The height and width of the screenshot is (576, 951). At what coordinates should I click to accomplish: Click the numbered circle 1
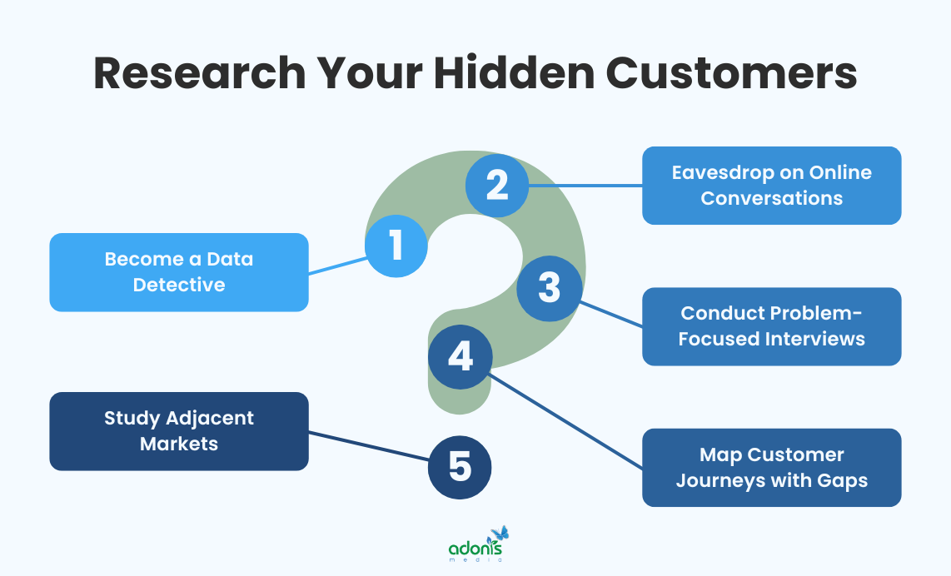[x=396, y=246]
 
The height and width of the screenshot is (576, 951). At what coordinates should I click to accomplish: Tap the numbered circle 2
[x=497, y=185]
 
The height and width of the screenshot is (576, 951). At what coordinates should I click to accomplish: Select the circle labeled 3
[x=549, y=288]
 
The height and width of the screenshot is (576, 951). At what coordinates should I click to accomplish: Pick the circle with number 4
[x=461, y=357]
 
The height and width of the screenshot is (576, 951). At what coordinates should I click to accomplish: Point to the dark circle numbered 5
[x=460, y=467]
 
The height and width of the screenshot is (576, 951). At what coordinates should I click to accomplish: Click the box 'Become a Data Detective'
[x=179, y=272]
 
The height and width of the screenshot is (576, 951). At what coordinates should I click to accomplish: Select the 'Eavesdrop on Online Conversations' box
[x=771, y=186]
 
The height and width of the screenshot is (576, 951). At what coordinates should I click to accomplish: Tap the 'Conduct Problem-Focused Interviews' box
[x=771, y=326]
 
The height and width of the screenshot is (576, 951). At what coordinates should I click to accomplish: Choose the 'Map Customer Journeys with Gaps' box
[x=771, y=468]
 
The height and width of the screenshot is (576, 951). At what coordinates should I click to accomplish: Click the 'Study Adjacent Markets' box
[x=179, y=431]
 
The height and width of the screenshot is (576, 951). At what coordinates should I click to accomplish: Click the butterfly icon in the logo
[x=500, y=534]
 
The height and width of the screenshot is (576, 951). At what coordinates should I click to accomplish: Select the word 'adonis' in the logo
[x=475, y=549]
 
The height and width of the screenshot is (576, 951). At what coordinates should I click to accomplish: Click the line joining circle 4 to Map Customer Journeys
[x=566, y=419]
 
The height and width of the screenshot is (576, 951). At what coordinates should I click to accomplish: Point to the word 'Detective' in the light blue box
[x=179, y=285]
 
